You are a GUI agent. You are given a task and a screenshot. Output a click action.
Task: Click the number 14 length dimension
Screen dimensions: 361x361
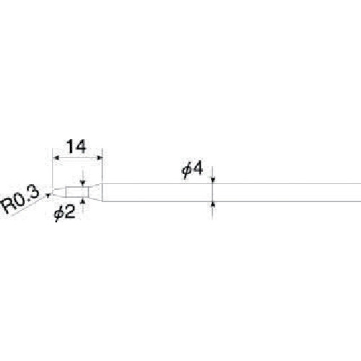pyautogui.click(x=76, y=147)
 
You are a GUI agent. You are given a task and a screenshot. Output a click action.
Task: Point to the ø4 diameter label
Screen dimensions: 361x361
pyautogui.click(x=192, y=170)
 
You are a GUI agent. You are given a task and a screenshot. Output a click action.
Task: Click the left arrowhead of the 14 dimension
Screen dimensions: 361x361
pyautogui.click(x=56, y=158)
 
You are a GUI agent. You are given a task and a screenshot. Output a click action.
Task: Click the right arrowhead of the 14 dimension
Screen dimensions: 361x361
pyautogui.click(x=100, y=158)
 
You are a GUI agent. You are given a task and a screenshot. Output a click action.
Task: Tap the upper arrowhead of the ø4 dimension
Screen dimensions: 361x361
pyautogui.click(x=212, y=180)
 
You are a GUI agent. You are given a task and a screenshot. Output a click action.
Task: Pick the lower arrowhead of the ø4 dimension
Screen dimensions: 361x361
pyautogui.click(x=212, y=205)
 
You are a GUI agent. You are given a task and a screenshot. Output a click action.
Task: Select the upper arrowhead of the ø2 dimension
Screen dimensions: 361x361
pyautogui.click(x=83, y=183)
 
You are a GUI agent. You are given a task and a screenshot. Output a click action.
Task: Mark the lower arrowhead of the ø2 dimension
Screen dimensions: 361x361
pyautogui.click(x=83, y=200)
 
